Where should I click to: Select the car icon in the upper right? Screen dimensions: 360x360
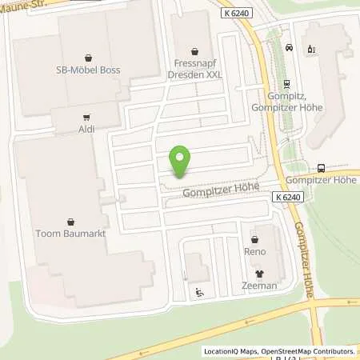[x=288, y=48]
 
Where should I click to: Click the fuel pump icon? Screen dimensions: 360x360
[x=311, y=48]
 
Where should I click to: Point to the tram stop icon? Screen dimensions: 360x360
[x=286, y=90]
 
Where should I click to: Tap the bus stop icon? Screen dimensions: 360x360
[x=321, y=168]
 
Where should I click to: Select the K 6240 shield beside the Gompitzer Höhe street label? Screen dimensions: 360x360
[x=286, y=197]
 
